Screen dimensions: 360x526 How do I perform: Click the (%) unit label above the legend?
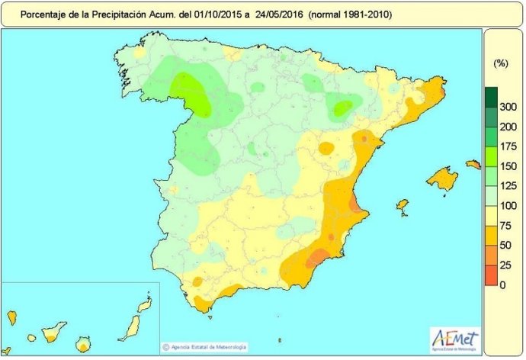click(x=500, y=63)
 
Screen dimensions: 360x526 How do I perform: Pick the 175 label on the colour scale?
click(x=508, y=146)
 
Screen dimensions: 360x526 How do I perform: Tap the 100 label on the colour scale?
click(x=508, y=206)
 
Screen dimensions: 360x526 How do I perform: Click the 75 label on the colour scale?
click(x=505, y=226)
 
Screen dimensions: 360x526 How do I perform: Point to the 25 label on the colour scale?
click(x=505, y=265)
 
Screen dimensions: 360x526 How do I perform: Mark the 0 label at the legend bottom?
click(x=502, y=284)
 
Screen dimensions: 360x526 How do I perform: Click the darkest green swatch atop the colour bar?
click(x=490, y=97)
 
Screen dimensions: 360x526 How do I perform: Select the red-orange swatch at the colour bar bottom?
click(x=490, y=275)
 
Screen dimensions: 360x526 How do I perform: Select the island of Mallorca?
click(x=442, y=179)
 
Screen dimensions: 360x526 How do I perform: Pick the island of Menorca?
click(x=473, y=164)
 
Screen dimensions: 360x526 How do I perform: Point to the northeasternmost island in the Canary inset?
click(x=145, y=307)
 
